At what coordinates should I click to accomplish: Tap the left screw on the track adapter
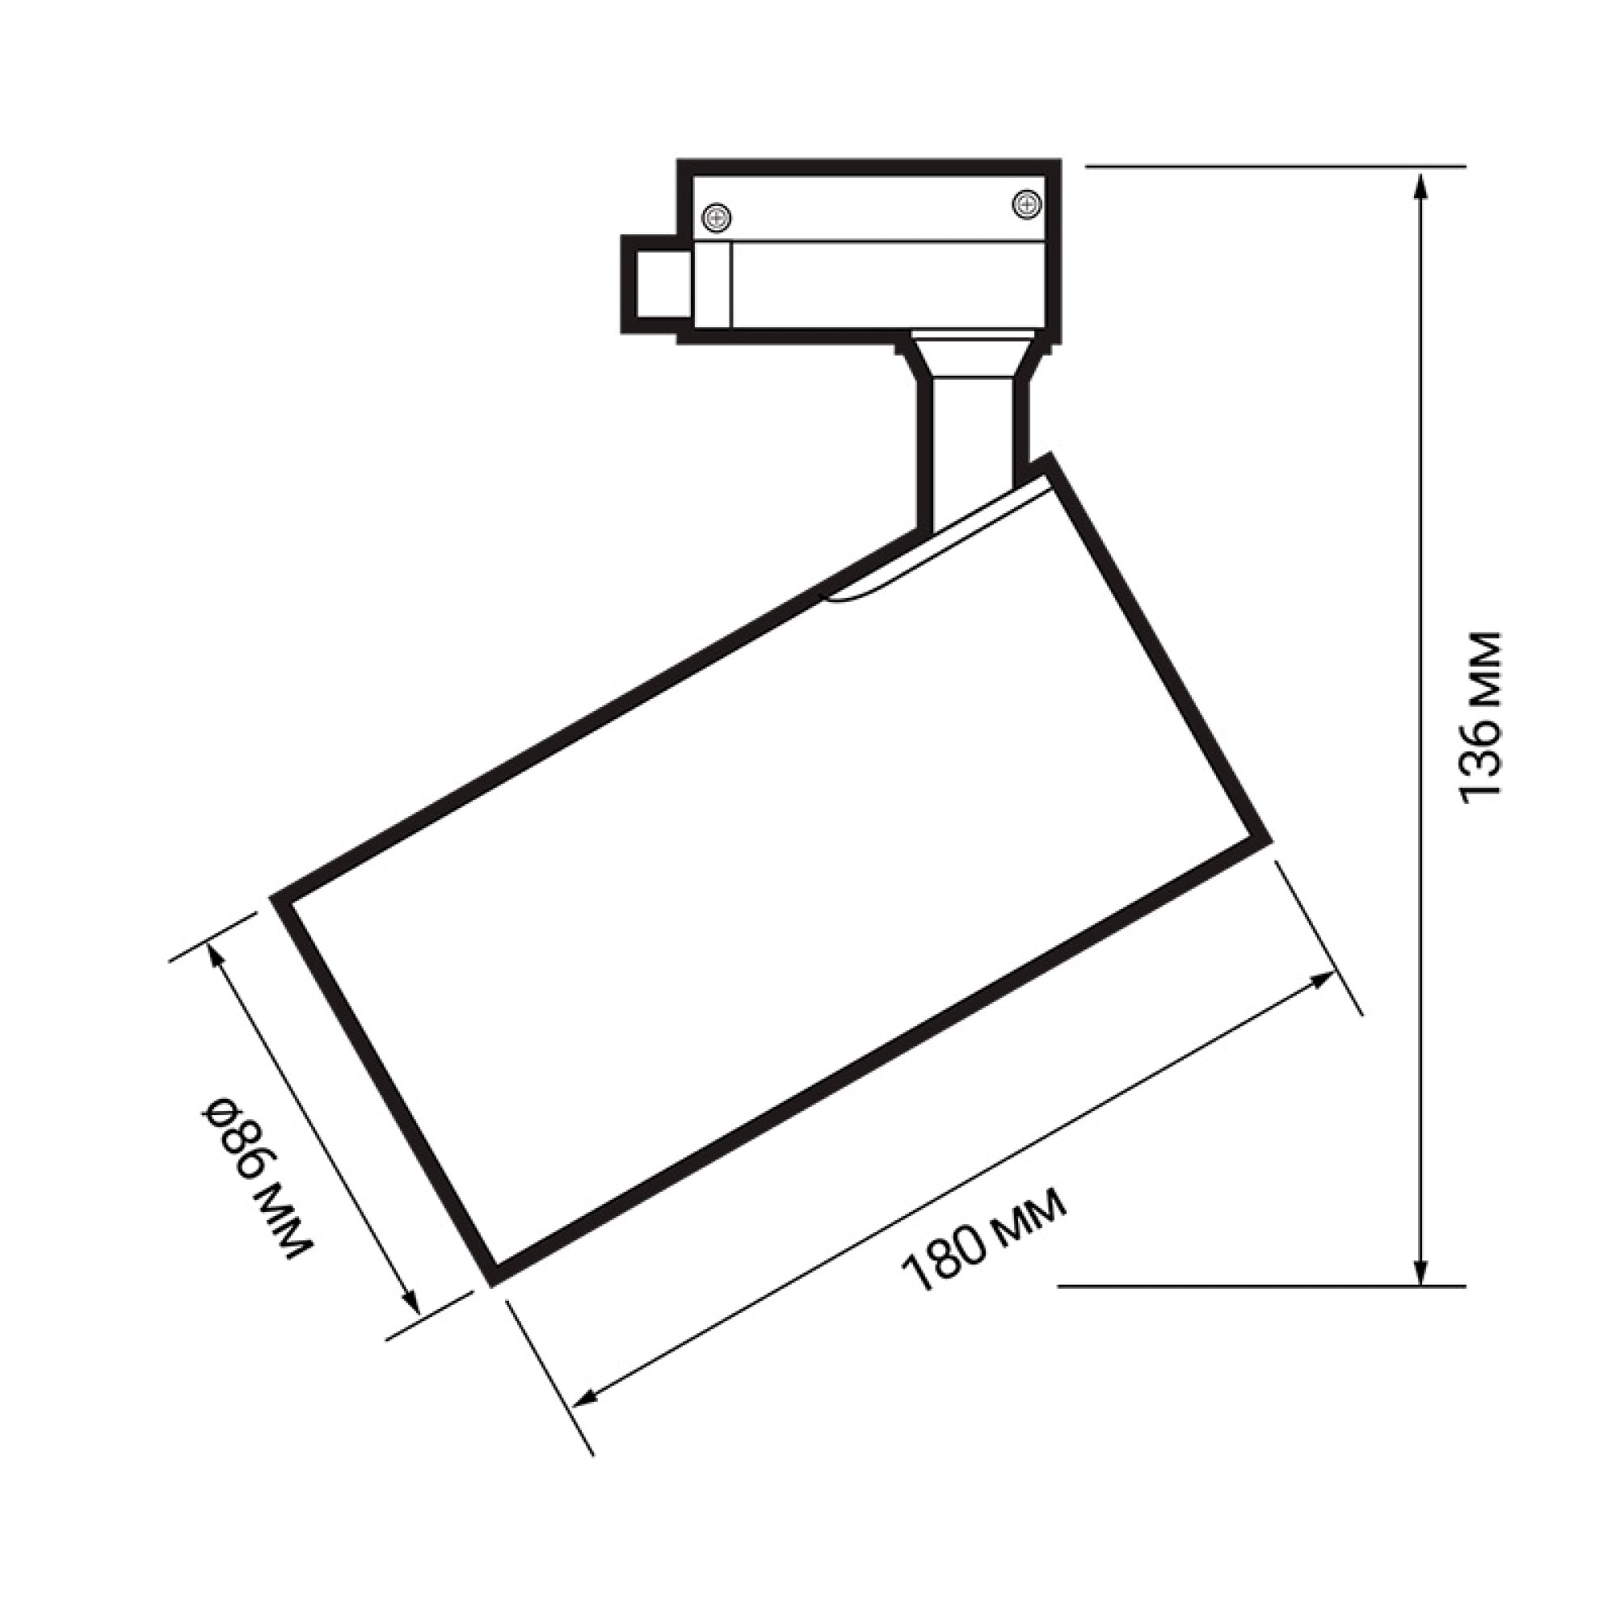pyautogui.click(x=716, y=219)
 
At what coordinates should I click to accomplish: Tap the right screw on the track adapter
pyautogui.click(x=1025, y=204)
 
